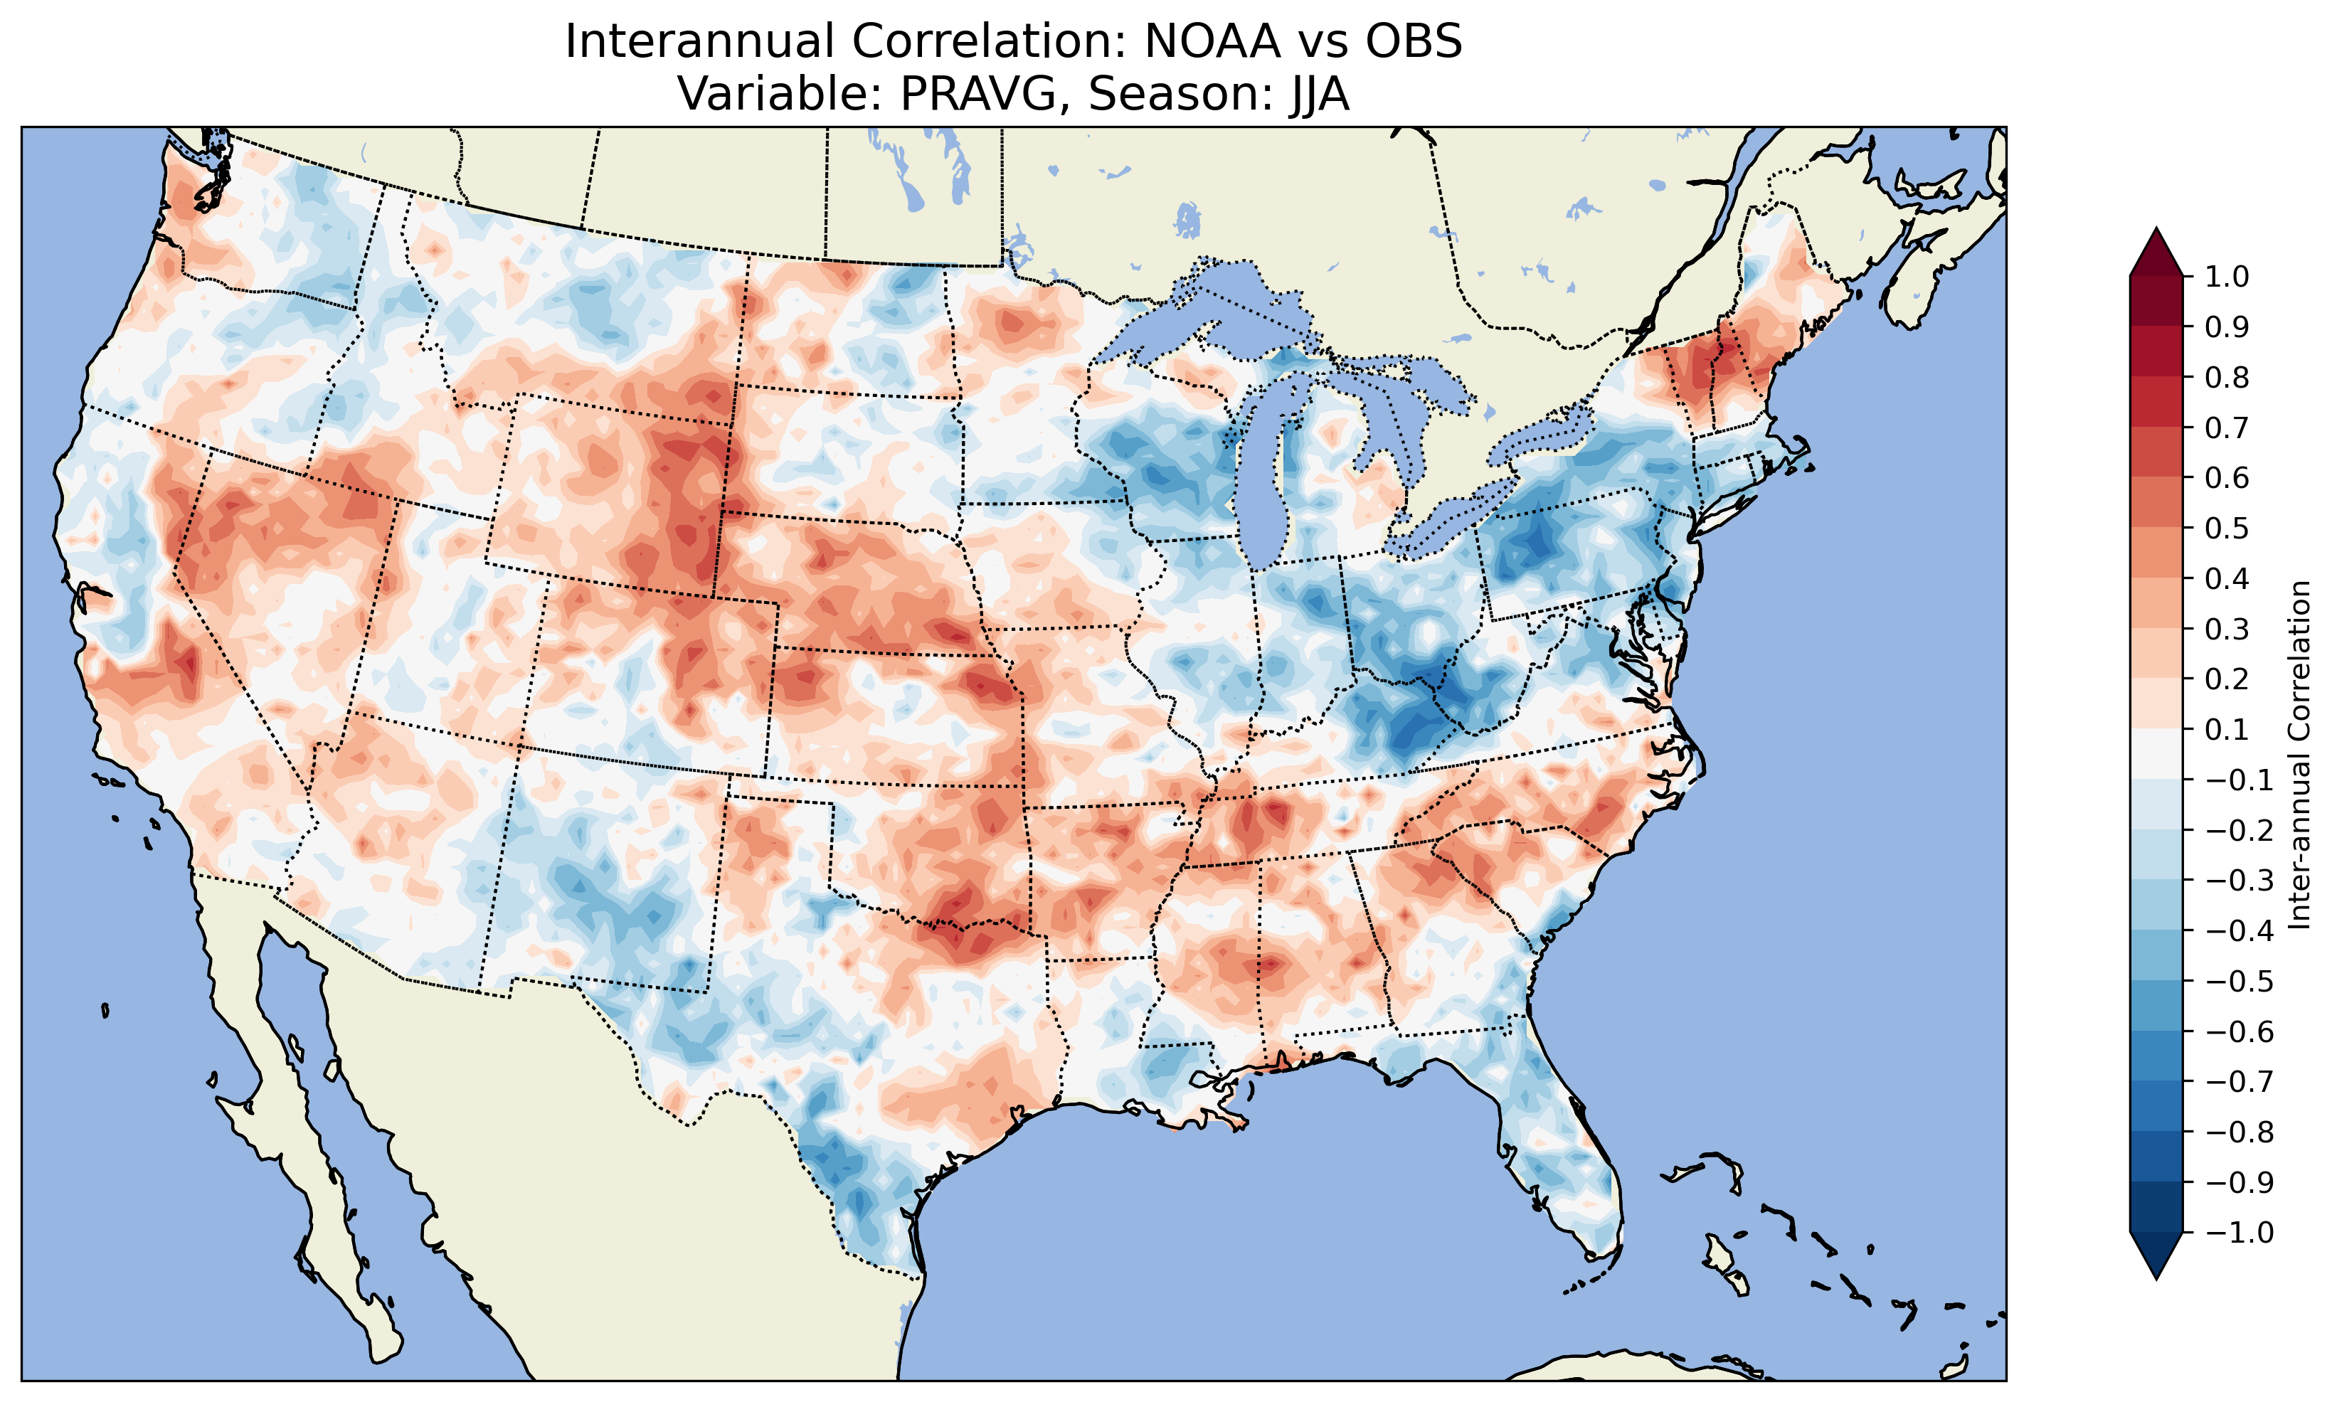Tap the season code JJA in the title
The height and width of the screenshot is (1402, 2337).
(x=1314, y=93)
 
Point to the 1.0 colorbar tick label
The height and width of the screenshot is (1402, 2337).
(x=2227, y=277)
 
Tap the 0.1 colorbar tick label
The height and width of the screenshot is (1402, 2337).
(x=2227, y=729)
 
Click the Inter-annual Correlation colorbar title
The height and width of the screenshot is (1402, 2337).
(x=2300, y=755)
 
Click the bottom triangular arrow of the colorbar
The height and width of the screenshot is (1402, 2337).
(x=2156, y=1255)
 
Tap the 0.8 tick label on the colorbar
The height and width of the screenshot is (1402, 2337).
(x=2227, y=377)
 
